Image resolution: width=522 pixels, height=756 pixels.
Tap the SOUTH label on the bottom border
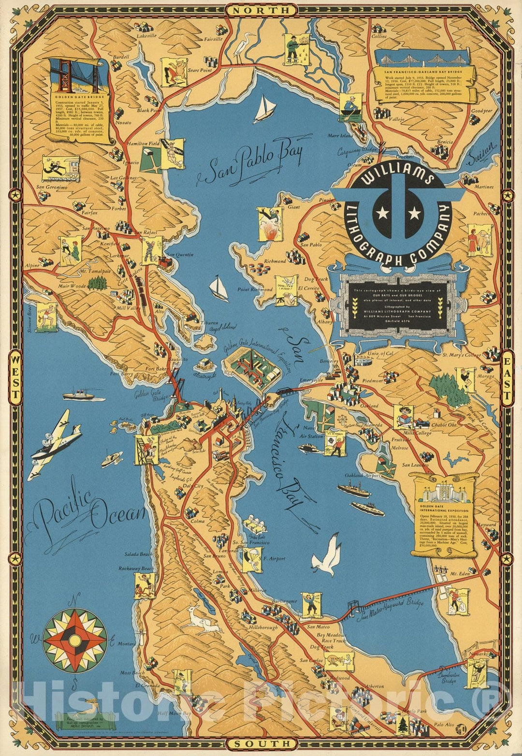pos(261,743)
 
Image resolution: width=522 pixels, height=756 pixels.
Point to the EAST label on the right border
pos(507,378)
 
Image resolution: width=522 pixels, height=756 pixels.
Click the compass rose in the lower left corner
pos(75,640)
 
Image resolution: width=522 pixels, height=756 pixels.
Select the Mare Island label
pos(340,136)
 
